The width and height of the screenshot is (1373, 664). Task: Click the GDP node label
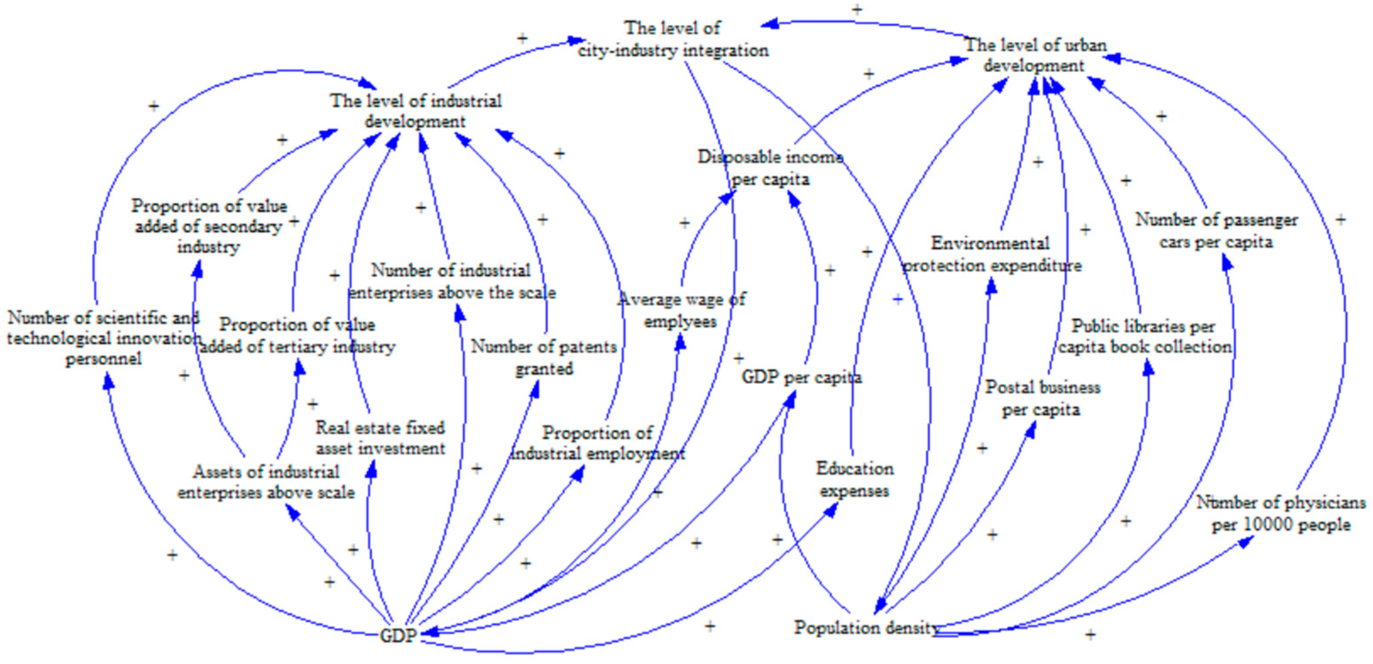point(398,635)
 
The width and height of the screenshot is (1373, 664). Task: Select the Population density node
point(866,627)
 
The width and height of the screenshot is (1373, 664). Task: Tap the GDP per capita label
point(801,377)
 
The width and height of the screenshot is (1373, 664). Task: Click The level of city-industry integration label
point(673,39)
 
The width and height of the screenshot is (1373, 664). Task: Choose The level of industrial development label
point(415,110)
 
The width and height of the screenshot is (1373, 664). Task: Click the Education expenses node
point(854,479)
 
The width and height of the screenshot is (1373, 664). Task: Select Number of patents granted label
point(543,357)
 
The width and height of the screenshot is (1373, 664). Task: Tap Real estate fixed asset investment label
point(380,438)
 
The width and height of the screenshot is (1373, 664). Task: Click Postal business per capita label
point(1042,398)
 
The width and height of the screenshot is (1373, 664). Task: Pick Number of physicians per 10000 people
point(1280,513)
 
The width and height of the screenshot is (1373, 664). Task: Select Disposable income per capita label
point(770,168)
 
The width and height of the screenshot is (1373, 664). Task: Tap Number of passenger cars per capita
point(1216,230)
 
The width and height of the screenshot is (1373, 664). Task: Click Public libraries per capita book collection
point(1144,336)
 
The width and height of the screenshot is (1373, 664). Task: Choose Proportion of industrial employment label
point(597,443)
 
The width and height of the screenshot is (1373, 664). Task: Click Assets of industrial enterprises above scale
point(265,482)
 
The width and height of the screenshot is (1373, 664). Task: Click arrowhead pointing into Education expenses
point(830,510)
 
